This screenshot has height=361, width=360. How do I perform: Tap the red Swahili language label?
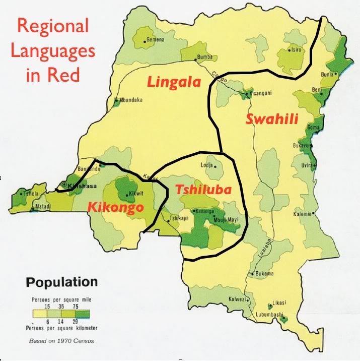click(x=272, y=119)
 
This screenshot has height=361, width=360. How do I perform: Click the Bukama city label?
click(x=265, y=274)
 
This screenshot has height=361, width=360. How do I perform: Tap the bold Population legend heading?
click(x=62, y=282)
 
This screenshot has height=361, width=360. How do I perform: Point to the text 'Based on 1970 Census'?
click(x=61, y=340)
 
